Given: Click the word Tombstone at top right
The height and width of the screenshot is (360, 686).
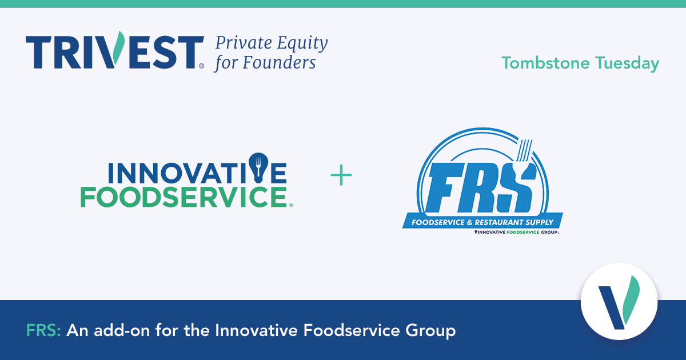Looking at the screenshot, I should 545,63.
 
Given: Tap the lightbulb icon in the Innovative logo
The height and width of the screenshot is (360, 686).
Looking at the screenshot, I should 258,166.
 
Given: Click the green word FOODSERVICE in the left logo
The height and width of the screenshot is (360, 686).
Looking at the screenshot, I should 183,197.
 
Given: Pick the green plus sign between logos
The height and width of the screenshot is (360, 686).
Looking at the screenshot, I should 341,176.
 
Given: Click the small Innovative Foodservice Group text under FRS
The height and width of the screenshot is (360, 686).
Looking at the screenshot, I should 516,233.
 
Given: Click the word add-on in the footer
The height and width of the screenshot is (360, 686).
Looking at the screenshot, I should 127,330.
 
